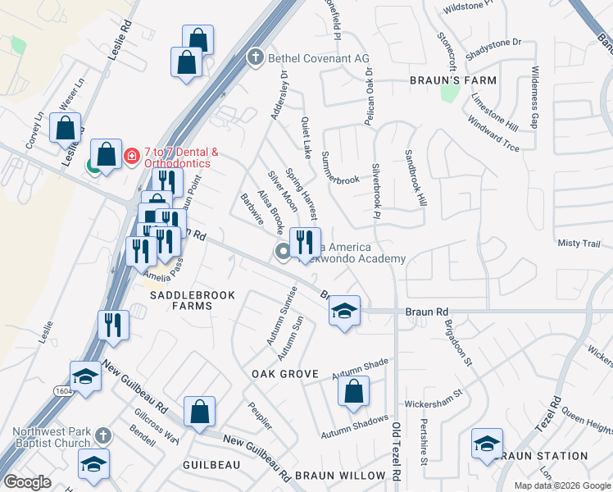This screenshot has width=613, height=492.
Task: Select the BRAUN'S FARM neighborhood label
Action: pyautogui.click(x=453, y=80)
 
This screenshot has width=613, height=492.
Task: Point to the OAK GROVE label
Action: pyautogui.click(x=284, y=374)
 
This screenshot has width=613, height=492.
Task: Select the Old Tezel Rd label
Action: pyautogui.click(x=395, y=450)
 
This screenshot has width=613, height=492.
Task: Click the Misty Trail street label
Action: pyautogui.click(x=579, y=244)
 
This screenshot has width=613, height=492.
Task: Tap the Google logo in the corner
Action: pyautogui.click(x=28, y=482)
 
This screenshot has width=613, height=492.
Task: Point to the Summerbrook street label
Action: pyautogui.click(x=341, y=167)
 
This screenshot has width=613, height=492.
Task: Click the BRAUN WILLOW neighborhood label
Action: pyautogui.click(x=340, y=476)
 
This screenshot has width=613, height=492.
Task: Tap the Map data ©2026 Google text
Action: pyautogui.click(x=561, y=485)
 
